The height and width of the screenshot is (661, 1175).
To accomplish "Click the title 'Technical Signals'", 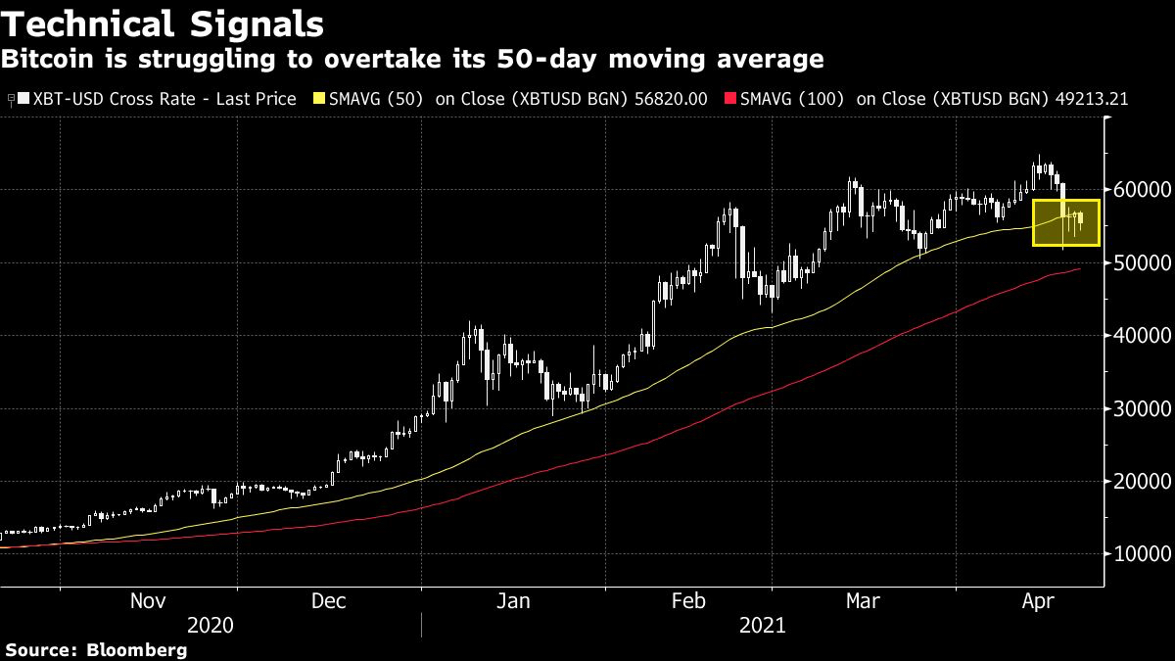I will click(164, 24).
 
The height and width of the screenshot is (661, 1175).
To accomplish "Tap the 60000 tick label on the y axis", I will click(1143, 190).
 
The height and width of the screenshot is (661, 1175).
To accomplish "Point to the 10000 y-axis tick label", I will click(1143, 554).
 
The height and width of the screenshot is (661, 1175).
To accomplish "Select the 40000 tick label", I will click(1143, 336).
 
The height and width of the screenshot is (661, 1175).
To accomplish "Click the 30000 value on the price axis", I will click(1143, 408).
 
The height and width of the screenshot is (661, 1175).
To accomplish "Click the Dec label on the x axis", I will click(329, 601).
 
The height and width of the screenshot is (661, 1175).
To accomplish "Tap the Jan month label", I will click(513, 601).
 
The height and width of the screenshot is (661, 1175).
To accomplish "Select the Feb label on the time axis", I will click(688, 601).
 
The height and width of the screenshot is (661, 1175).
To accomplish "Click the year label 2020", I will click(211, 626).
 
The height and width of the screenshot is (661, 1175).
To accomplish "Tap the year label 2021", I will click(763, 626).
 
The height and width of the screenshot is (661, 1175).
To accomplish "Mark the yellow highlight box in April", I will click(1066, 222).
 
